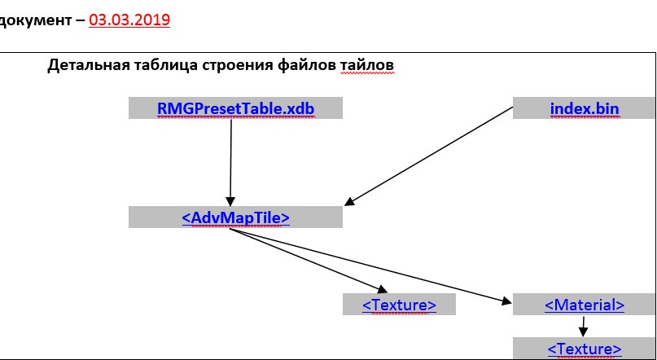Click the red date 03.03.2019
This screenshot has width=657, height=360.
pyautogui.click(x=129, y=20)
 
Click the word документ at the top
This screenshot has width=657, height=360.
pyautogui.click(x=35, y=20)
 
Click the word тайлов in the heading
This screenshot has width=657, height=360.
pyautogui.click(x=367, y=66)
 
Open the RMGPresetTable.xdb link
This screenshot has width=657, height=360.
pyautogui.click(x=235, y=108)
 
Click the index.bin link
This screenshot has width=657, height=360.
pyautogui.click(x=585, y=108)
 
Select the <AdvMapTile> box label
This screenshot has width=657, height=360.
pyautogui.click(x=236, y=218)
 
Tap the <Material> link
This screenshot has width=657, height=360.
pyautogui.click(x=585, y=305)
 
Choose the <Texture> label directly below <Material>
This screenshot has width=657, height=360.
pyautogui.click(x=585, y=349)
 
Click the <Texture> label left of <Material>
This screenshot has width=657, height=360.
pyautogui.click(x=399, y=305)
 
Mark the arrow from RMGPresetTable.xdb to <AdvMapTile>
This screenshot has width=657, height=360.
pyautogui.click(x=230, y=163)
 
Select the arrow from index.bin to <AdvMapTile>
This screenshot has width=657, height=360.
pyautogui.click(x=428, y=156)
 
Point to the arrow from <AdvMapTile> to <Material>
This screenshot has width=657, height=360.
pyautogui.click(x=370, y=266)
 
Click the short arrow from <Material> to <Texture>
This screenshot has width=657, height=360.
pyautogui.click(x=583, y=327)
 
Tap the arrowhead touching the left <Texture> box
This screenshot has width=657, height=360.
pyautogui.click(x=382, y=289)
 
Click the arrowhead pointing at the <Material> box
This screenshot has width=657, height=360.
pyautogui.click(x=506, y=300)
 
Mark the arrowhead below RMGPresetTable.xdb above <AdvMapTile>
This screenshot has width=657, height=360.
pyautogui.click(x=230, y=201)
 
